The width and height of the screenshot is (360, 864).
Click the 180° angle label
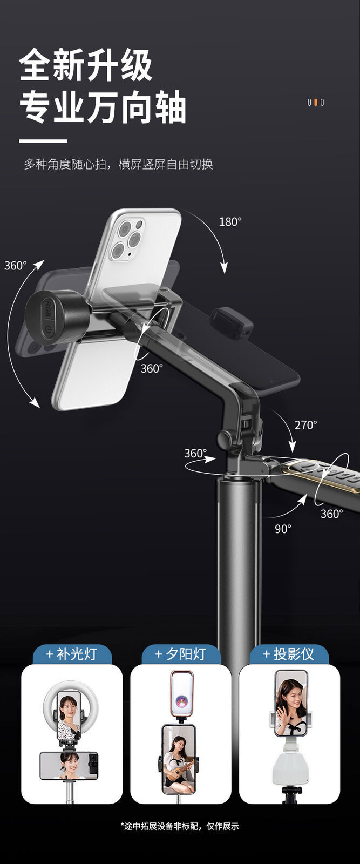pos(230,222)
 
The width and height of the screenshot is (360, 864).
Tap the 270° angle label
pos(305,425)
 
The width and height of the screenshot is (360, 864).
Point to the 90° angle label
pos(283,529)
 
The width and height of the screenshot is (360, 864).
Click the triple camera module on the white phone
pos(126,239)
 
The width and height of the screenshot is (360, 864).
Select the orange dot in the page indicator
pos(316,103)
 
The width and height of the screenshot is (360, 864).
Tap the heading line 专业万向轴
pos(103,107)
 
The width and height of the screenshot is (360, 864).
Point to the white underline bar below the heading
pos(43,141)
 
